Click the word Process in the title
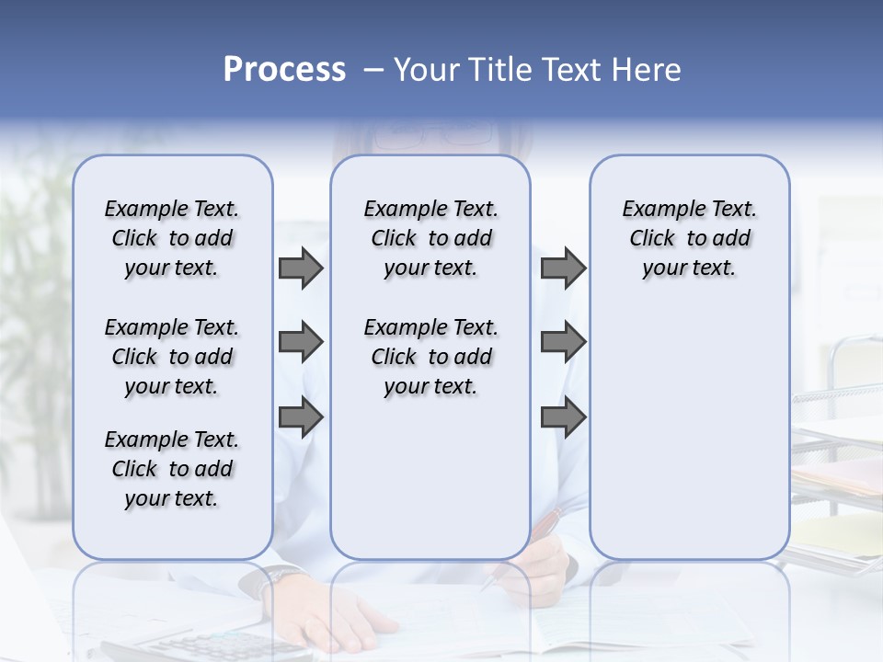284,70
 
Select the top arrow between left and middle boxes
301,268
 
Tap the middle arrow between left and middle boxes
301,343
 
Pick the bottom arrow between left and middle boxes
301,417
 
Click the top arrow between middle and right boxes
563,268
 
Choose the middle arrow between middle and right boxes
563,343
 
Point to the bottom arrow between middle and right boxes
563,417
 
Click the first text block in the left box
172,238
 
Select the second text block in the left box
172,357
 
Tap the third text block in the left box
172,469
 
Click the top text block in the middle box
430,238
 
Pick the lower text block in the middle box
430,357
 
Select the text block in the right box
689,238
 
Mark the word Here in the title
647,70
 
